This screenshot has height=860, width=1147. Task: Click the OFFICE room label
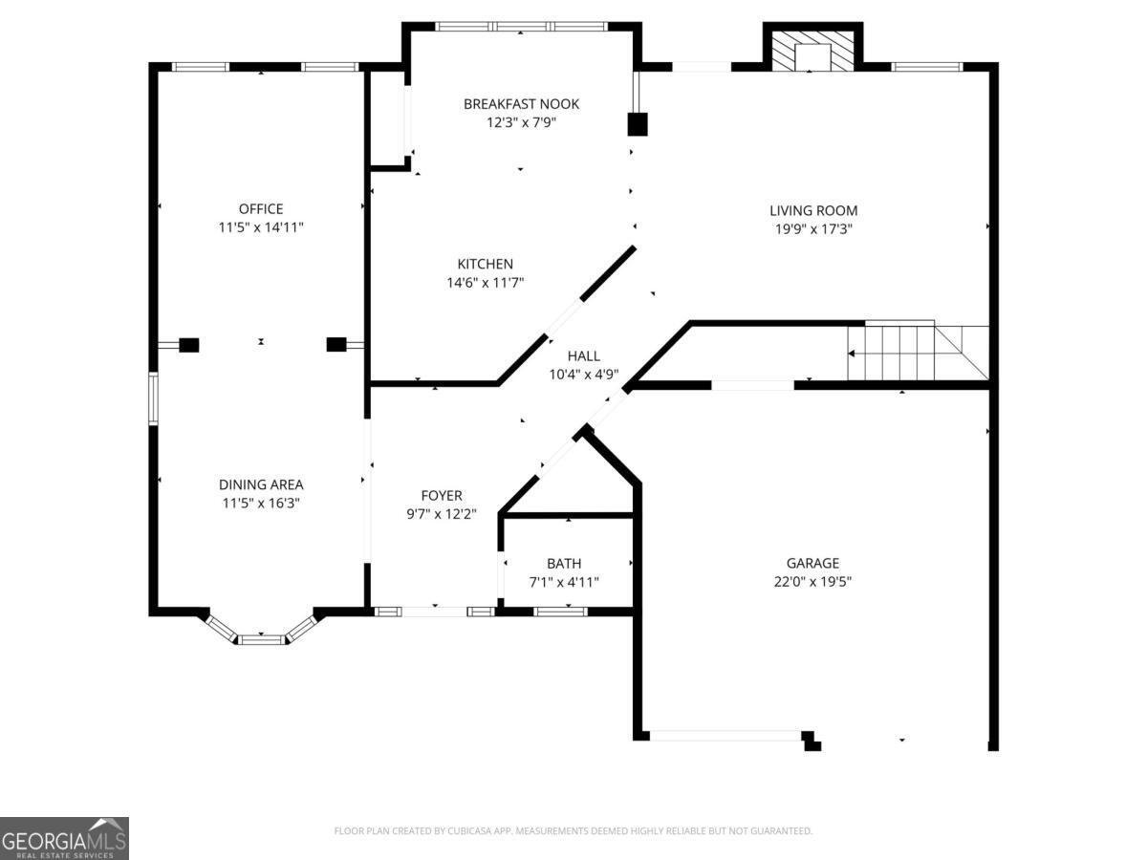tap(261, 209)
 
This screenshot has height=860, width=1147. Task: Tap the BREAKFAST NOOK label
tap(521, 104)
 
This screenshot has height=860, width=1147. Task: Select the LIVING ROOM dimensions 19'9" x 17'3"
tap(813, 229)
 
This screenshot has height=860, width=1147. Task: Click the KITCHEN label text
tap(485, 265)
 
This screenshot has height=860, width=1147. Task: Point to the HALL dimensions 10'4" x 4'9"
tap(583, 375)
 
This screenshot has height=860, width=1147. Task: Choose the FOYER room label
tap(442, 496)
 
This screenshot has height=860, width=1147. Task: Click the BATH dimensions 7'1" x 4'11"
tap(564, 582)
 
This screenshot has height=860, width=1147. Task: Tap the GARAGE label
tap(812, 564)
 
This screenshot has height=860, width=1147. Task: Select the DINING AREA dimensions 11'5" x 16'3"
tap(261, 503)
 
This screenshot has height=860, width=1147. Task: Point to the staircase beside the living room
tap(918, 353)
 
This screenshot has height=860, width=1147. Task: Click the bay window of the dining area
tap(262, 636)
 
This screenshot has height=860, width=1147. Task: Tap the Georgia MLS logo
tap(64, 838)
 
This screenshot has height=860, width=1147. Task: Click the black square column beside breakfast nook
tap(638, 124)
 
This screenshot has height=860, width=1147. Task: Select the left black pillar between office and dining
tap(189, 345)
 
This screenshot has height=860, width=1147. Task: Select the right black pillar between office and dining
tap(335, 344)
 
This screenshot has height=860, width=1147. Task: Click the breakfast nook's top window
tap(521, 27)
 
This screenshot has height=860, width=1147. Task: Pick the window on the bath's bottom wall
tap(561, 611)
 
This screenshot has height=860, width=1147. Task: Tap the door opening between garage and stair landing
tap(752, 385)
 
